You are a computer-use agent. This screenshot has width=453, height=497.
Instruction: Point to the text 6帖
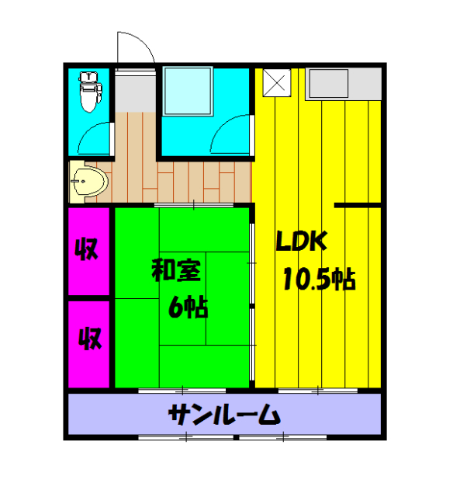click(188, 308)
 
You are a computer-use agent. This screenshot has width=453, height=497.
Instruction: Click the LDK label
click(303, 242)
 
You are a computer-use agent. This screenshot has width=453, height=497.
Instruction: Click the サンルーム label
click(224, 416)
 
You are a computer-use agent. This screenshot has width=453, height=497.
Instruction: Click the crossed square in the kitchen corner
click(276, 83)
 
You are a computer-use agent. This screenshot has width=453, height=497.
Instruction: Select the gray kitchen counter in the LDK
click(342, 83)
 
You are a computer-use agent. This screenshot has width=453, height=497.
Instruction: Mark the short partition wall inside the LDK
click(357, 204)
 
